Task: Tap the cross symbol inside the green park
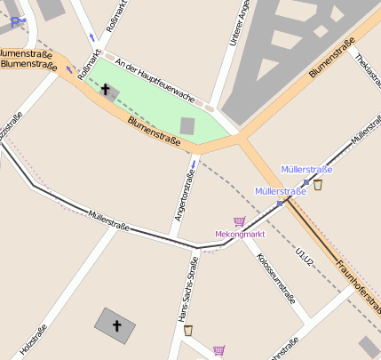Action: (107, 90)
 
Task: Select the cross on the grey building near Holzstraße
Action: (116, 326)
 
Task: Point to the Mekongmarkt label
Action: (241, 235)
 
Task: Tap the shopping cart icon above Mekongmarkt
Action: (239, 220)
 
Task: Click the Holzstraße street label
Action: (34, 338)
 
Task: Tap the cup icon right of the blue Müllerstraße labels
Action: (318, 185)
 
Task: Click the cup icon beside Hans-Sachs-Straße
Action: (188, 330)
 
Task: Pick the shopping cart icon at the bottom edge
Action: (218, 350)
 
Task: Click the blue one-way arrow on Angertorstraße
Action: (193, 164)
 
